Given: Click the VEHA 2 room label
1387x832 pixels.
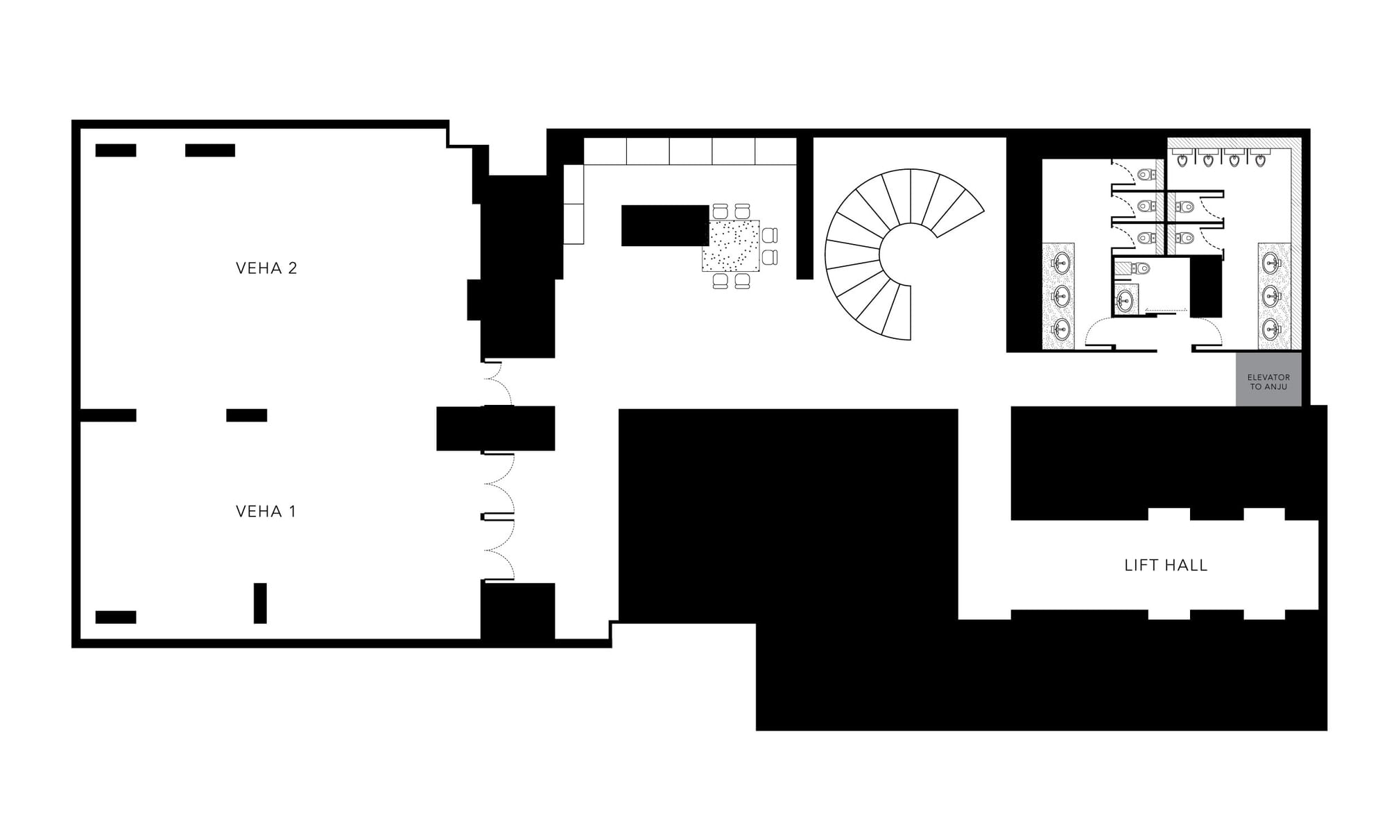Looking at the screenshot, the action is click(266, 268).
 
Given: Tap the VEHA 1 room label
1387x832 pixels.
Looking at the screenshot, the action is click(266, 512).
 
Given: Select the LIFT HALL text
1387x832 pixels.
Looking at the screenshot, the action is click(1166, 566).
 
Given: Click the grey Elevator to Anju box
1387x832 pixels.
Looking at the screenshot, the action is click(1268, 379).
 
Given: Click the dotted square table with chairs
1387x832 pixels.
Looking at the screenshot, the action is click(731, 245).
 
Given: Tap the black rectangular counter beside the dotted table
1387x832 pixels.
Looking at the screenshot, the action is click(665, 225).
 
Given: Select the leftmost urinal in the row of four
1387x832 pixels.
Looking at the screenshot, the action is click(1182, 160).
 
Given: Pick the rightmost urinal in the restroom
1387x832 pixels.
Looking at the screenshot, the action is click(1261, 160).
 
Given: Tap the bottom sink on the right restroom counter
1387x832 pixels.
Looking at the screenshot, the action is click(1270, 327).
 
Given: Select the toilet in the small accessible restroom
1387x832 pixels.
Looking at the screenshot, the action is click(1139, 268).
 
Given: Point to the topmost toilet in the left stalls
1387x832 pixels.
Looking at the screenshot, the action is click(1146, 174).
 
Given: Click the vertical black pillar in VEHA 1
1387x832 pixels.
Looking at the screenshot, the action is click(260, 603).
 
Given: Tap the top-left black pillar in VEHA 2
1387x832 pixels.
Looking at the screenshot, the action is click(116, 150).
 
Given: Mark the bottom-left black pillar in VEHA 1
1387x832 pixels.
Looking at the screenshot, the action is click(116, 617).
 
